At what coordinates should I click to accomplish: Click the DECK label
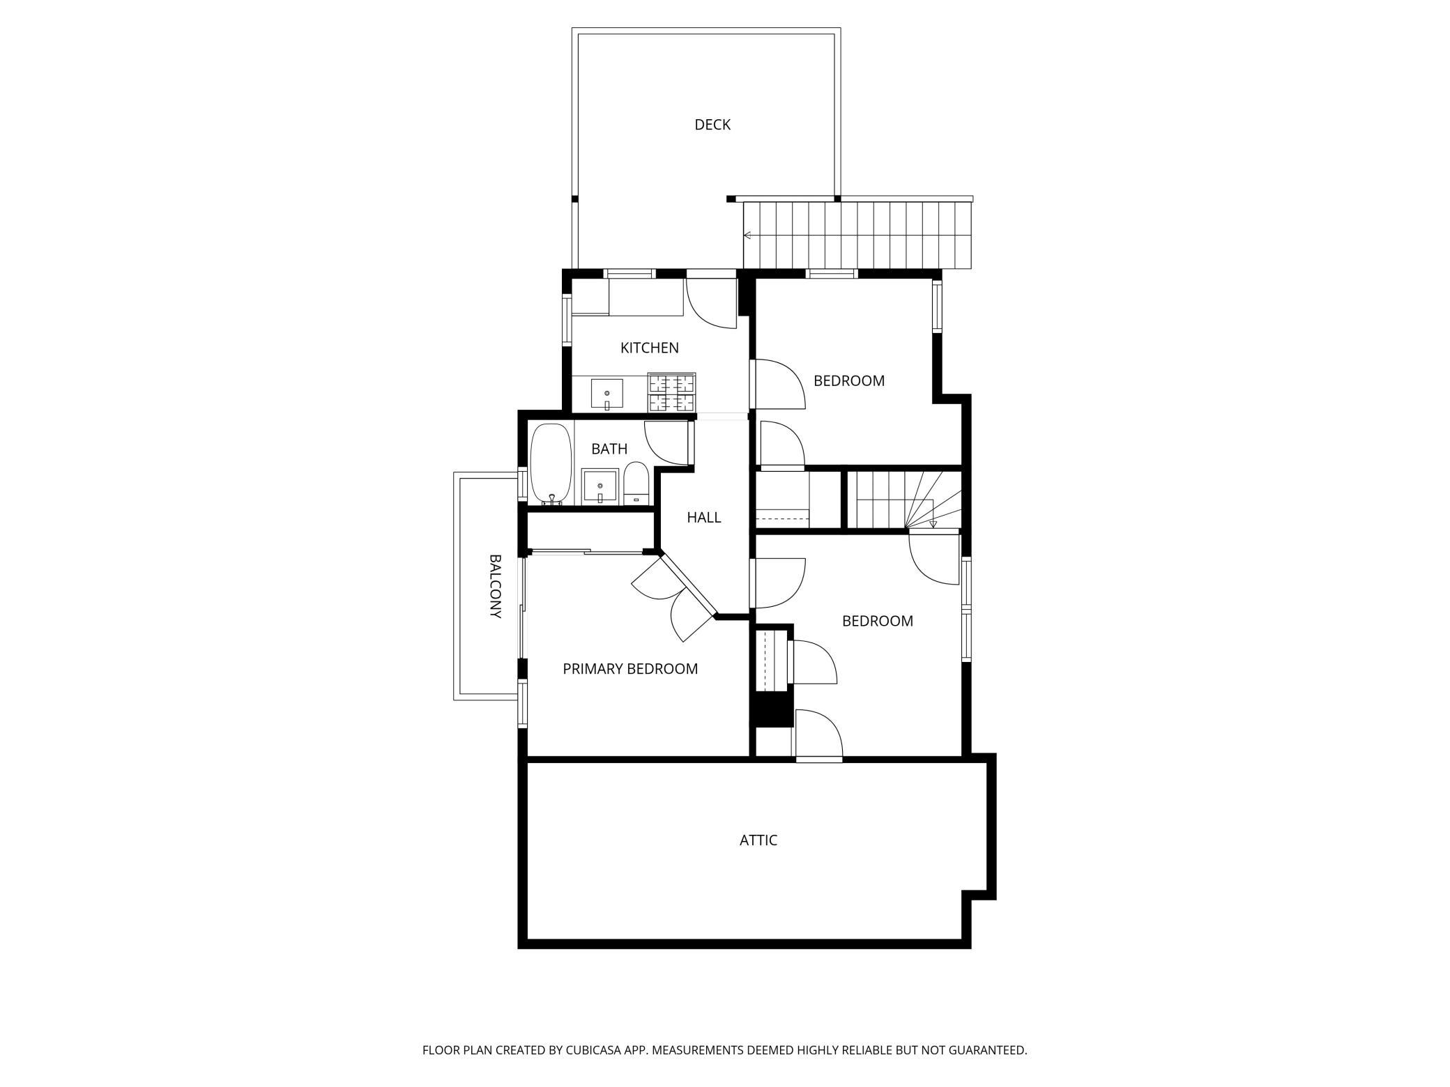[712, 125]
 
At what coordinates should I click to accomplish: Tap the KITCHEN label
[649, 348]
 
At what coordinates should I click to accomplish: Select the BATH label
[609, 449]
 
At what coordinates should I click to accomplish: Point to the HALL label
[703, 517]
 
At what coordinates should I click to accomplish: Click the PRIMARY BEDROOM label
[630, 669]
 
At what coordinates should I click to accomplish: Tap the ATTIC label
[758, 840]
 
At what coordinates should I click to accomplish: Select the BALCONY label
[495, 586]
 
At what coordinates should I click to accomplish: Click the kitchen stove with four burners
[672, 392]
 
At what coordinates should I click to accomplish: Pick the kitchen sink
[607, 394]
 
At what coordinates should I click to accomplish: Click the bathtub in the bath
[551, 464]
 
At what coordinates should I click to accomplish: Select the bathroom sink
[600, 486]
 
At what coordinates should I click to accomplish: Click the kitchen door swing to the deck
[712, 303]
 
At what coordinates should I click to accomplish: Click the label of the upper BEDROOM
[849, 381]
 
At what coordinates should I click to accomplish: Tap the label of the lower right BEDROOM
[878, 621]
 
